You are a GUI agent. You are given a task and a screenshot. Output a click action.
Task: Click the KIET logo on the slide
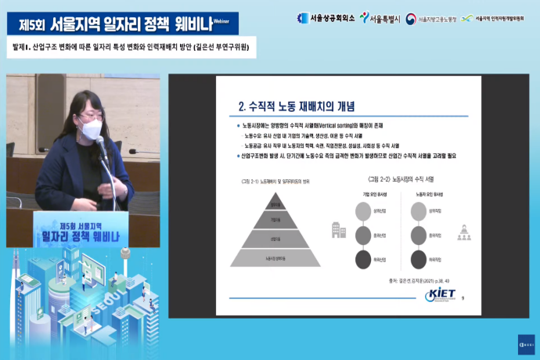pos(438,295)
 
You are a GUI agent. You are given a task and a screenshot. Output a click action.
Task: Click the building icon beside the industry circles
pos(338,230)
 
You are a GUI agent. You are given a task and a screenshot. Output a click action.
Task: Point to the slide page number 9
pos(464,297)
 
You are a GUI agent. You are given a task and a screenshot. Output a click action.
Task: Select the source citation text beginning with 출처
pos(419,279)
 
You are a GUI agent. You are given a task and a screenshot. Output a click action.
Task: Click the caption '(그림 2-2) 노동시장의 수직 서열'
pos(401,179)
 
